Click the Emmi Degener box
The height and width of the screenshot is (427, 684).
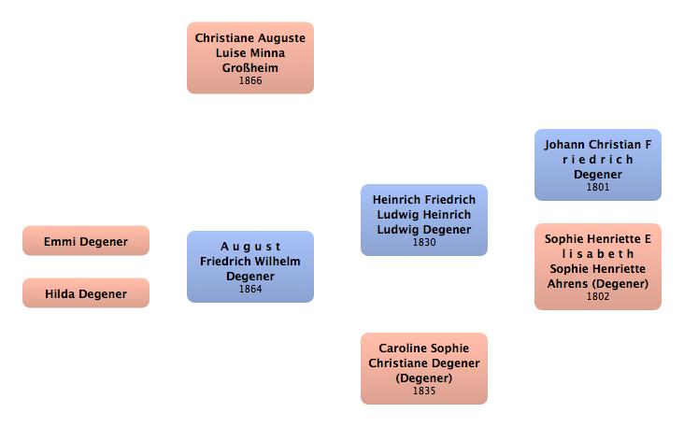coord(86,241)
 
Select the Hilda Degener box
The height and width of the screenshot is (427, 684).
coord(86,293)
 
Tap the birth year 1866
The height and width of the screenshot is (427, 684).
coord(250,81)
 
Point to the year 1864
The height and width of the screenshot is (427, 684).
coord(250,290)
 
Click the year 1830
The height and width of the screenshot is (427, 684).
coord(424,243)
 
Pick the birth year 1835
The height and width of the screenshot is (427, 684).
coord(424,391)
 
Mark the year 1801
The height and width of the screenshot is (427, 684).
coord(598,187)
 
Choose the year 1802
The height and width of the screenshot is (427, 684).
coord(598,297)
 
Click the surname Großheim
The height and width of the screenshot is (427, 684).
coord(250,67)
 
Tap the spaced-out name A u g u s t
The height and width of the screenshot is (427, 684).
coord(250,247)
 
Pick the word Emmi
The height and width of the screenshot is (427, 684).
coord(61,242)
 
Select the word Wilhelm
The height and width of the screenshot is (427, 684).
coord(278,261)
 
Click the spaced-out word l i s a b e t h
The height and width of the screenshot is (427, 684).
coord(598,253)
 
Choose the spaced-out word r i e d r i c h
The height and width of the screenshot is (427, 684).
coord(598,159)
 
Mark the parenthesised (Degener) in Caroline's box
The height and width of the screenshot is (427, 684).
coord(424,377)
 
